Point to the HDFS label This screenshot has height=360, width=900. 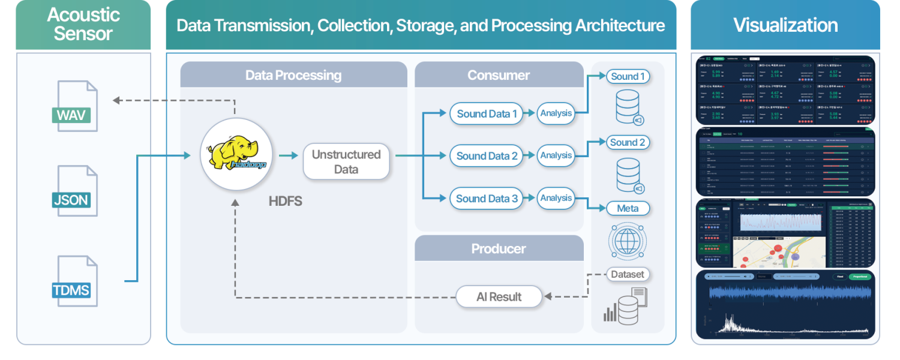click(286, 202)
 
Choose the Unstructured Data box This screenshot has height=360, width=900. click(346, 161)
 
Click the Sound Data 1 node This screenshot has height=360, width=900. click(487, 114)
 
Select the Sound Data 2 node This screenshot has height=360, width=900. click(487, 156)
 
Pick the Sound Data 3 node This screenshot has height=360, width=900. click(487, 199)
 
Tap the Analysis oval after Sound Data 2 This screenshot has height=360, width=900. click(556, 155)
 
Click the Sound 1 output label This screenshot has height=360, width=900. click(628, 76)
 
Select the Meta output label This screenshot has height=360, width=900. click(628, 209)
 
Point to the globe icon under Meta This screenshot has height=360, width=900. click(627, 242)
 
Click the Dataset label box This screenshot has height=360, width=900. click(628, 274)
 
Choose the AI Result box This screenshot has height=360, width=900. click(499, 296)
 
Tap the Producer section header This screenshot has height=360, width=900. click(499, 248)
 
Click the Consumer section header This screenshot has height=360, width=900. click(499, 75)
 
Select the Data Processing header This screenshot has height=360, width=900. click(293, 75)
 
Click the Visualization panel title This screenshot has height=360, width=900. click(785, 25)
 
